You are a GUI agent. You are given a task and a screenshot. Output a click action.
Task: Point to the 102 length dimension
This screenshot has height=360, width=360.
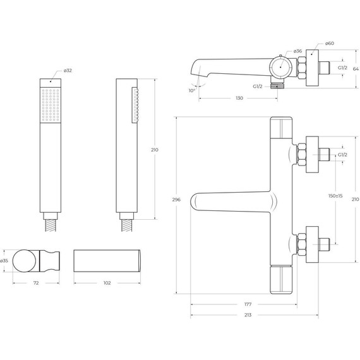click(x=107, y=282)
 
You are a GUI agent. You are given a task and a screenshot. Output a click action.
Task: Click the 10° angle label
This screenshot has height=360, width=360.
click(x=192, y=90)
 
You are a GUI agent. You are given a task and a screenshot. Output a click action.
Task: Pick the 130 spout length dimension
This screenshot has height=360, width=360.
click(x=239, y=98)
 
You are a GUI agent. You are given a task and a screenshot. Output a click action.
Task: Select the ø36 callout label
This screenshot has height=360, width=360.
click(x=298, y=52)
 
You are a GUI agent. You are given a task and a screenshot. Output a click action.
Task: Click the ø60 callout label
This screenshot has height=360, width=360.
click(x=329, y=44)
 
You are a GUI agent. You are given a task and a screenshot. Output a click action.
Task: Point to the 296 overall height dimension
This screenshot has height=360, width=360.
click(x=176, y=200)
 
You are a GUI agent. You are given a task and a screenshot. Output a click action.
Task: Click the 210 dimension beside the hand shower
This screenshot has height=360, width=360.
click(x=155, y=150)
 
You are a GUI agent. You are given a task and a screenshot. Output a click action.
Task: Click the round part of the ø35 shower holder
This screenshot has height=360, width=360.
click(x=25, y=260)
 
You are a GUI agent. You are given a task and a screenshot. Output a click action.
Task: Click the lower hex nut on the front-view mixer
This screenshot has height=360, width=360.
click(x=302, y=243)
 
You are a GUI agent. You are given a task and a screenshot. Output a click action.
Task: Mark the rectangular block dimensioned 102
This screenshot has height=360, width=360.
click(x=107, y=260)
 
